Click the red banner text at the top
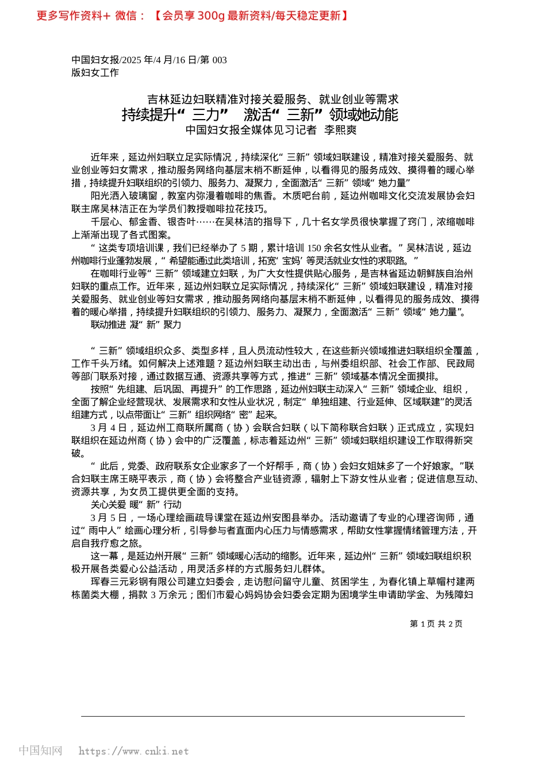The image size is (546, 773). click(193, 16)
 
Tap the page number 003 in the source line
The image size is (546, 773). click(220, 60)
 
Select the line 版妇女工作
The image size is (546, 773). click(95, 72)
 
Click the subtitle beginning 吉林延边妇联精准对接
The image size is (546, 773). click(272, 100)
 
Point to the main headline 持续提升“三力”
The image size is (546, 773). click(260, 114)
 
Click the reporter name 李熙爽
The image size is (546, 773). click(340, 130)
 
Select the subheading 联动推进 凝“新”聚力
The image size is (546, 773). click(136, 324)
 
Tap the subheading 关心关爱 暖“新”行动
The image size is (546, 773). click(136, 504)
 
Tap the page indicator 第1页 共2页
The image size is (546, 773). click(436, 623)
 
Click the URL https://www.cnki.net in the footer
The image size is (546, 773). click(133, 751)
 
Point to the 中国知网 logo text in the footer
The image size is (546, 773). click(40, 751)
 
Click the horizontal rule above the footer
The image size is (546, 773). click(272, 716)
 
